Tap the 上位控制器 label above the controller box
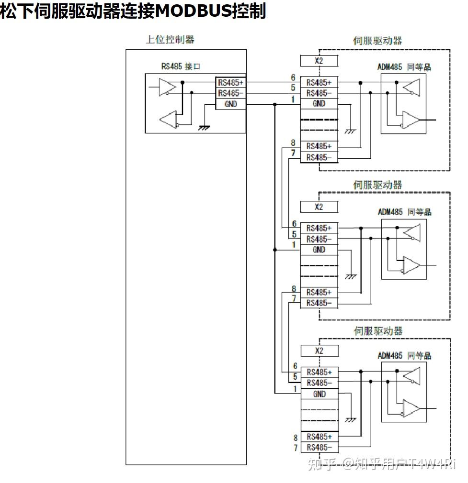coord(170,40)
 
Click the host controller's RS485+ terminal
coord(230,82)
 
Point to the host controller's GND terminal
coord(230,104)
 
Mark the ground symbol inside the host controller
coord(204,128)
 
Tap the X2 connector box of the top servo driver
coord(319,61)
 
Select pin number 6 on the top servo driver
coord(293,78)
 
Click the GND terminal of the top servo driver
coord(319,104)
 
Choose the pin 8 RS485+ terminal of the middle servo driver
coord(319,292)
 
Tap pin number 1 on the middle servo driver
coord(294,245)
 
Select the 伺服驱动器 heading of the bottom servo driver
coord(378,331)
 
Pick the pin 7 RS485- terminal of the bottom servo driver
coord(319,448)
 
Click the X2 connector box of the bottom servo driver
coord(319,351)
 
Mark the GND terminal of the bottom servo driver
coord(319,394)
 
